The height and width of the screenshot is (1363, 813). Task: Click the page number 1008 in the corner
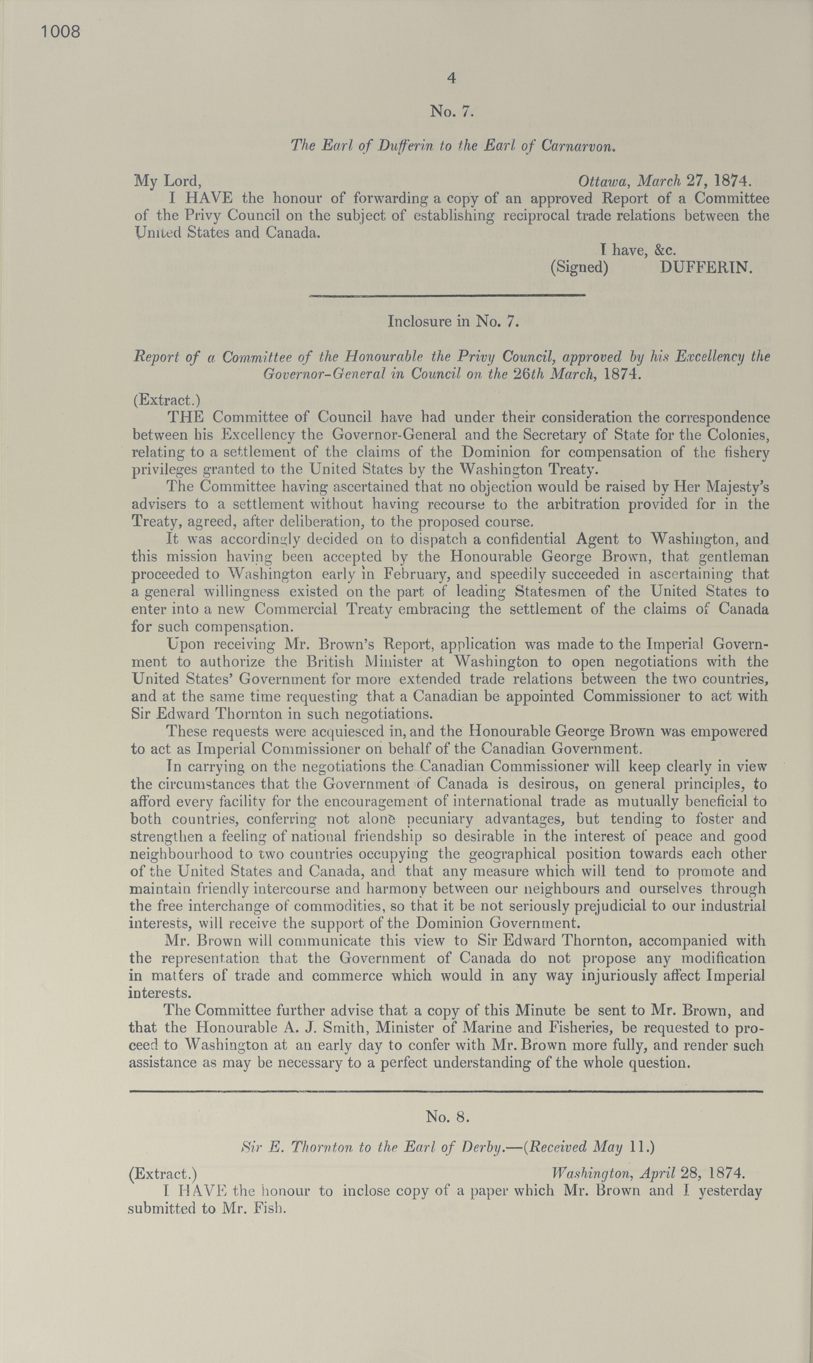[61, 32]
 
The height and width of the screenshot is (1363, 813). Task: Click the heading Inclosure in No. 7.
[453, 321]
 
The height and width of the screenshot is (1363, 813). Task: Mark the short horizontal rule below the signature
[447, 296]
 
